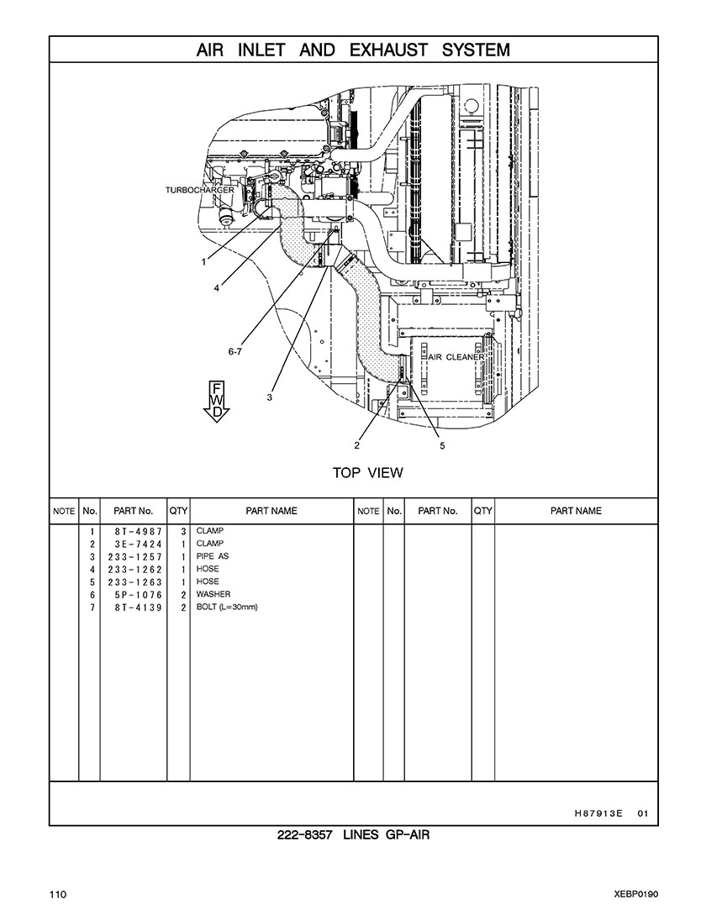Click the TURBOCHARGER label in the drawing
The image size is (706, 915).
tap(200, 190)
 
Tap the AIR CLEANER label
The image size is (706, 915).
tap(456, 357)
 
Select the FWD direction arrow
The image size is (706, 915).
tap(217, 402)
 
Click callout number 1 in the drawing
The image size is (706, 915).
tap(203, 262)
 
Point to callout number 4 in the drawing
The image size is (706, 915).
tap(217, 287)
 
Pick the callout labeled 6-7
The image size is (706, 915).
tap(234, 351)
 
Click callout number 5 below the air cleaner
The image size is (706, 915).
tap(442, 446)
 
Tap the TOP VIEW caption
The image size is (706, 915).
tap(368, 473)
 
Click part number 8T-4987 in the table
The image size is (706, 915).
tap(139, 532)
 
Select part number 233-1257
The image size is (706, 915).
tap(134, 557)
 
